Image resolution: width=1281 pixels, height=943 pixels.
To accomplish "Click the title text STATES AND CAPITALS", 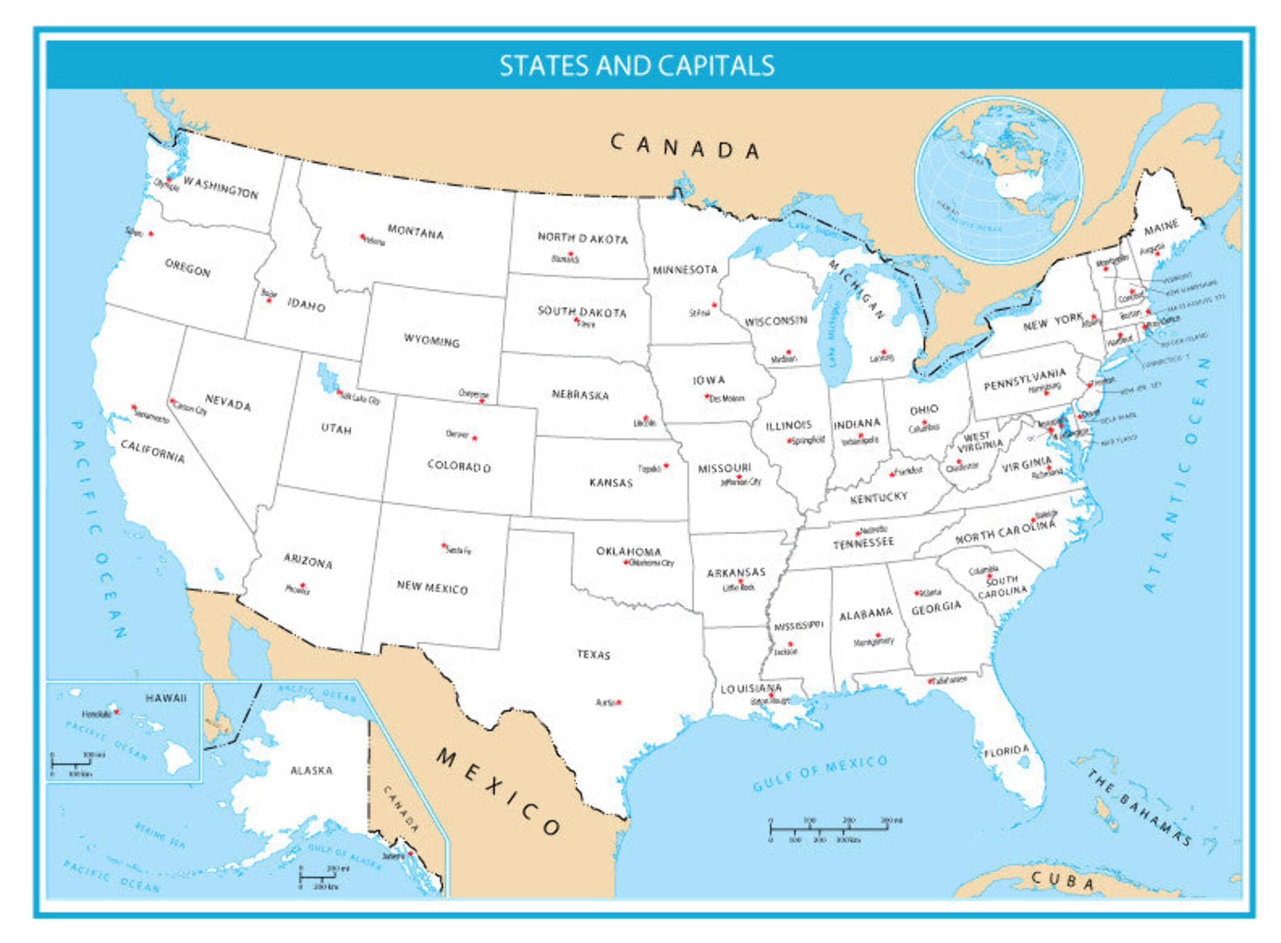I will click(x=636, y=65).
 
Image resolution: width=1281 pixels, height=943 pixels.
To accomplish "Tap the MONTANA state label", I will click(x=415, y=232).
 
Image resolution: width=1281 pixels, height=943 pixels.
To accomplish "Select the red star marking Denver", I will click(x=475, y=438).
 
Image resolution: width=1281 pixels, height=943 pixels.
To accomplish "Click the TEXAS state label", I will click(x=593, y=654).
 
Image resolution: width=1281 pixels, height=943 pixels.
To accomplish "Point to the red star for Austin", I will click(x=619, y=702).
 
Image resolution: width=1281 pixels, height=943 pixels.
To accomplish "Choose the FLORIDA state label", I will click(x=1006, y=751).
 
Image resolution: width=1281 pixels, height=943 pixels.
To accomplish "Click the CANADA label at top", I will click(x=685, y=146).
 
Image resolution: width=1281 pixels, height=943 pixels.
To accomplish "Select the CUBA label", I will click(x=1062, y=881).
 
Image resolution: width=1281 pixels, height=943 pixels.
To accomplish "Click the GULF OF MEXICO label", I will click(x=820, y=773).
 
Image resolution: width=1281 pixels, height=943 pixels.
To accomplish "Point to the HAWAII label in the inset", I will click(x=166, y=698).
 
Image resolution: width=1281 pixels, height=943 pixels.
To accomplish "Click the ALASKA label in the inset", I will click(x=311, y=770).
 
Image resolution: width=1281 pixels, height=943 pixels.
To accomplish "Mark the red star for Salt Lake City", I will click(x=339, y=392).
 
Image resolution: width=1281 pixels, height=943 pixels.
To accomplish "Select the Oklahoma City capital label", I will click(x=651, y=563).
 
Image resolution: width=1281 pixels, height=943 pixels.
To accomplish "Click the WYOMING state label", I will click(x=431, y=341).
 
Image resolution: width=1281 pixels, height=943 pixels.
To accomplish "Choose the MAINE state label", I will click(x=1160, y=228).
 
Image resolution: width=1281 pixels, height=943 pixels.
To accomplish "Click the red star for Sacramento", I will click(x=133, y=407).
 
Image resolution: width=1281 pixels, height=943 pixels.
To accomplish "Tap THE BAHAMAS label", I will click(x=1139, y=808).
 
